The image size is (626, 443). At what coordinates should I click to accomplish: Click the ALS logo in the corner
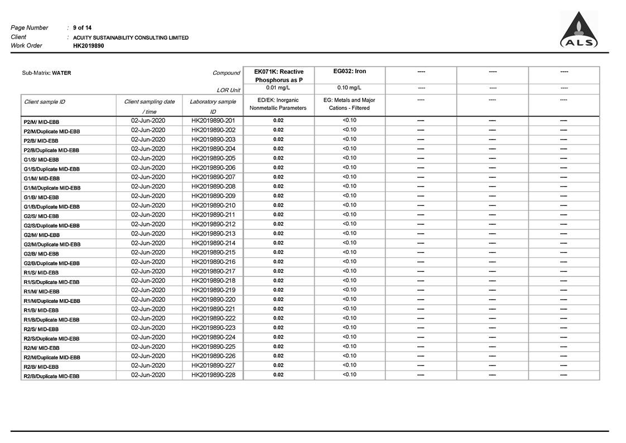tap(579, 31)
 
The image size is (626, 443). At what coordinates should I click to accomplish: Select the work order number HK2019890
tap(88, 46)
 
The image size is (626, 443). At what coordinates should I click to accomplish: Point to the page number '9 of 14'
tap(82, 27)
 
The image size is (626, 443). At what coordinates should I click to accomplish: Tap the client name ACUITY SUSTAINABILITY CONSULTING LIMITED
tap(131, 37)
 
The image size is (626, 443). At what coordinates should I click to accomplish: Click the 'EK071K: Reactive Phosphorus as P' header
tap(278, 75)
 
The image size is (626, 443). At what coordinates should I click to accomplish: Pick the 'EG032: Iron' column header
tap(349, 71)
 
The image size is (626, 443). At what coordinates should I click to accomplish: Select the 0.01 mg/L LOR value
tap(278, 88)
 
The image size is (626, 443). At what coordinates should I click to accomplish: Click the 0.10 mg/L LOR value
tap(349, 88)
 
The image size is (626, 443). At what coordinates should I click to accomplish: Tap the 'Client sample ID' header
tap(45, 102)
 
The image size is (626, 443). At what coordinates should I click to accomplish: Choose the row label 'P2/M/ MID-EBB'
tap(41, 122)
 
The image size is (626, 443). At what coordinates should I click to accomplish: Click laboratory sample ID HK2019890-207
tap(213, 177)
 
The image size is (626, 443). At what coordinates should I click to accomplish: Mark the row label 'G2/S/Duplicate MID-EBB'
tap(51, 225)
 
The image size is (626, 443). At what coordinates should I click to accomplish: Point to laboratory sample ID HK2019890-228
tap(213, 375)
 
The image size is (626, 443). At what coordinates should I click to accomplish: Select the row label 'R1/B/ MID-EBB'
tap(41, 310)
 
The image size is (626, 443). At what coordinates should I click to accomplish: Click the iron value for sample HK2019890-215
tap(349, 252)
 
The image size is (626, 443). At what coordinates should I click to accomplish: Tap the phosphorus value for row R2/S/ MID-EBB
tap(278, 328)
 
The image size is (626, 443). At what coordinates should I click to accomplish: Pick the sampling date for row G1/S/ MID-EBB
tap(148, 158)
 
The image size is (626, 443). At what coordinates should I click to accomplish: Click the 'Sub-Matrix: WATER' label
tap(46, 73)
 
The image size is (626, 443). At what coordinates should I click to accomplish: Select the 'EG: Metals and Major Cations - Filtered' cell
tap(349, 104)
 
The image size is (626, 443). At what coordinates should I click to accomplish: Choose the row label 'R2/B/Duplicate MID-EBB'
tap(51, 376)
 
